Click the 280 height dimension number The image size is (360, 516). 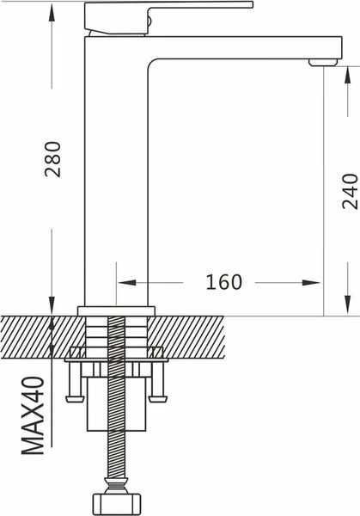pyautogui.click(x=53, y=157)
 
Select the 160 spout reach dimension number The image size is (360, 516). pyautogui.click(x=223, y=282)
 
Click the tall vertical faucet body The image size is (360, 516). pyautogui.click(x=116, y=172)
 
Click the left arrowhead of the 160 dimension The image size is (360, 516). pyautogui.click(x=125, y=282)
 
